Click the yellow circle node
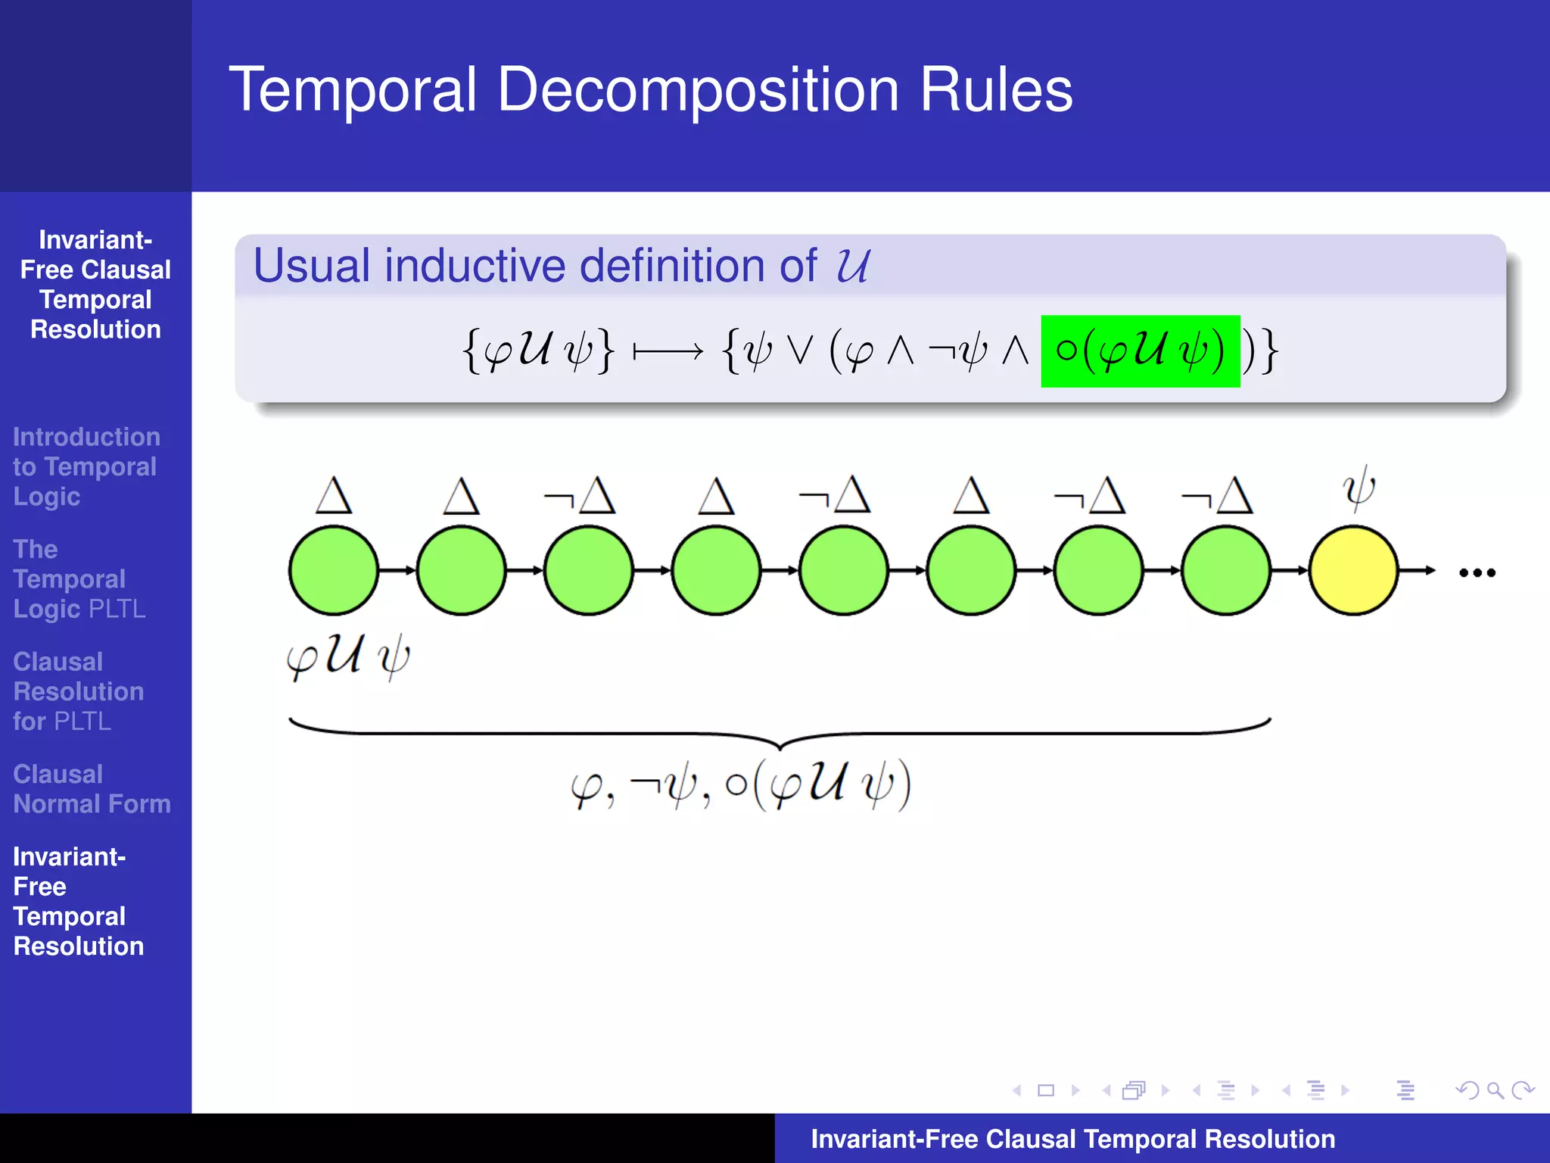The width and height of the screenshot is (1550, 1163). point(1353,571)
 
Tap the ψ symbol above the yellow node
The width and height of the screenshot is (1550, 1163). point(1359,489)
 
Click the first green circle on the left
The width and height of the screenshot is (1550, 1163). point(333,571)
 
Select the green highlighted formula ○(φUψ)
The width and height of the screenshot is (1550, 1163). point(1140,351)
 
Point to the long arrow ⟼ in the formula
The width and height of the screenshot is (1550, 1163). point(668,352)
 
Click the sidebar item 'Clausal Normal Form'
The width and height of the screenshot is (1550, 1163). point(92,789)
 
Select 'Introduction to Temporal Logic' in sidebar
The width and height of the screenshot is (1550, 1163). point(86,466)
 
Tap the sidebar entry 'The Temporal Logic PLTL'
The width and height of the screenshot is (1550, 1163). point(79,579)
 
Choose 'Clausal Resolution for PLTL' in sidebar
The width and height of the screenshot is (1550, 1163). point(78,691)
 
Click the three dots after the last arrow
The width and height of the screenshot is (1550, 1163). point(1477,573)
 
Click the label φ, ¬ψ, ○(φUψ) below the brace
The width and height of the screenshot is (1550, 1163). point(740,785)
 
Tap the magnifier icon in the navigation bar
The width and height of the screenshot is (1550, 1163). point(1494,1090)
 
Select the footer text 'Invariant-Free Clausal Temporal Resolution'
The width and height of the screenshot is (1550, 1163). point(1072,1139)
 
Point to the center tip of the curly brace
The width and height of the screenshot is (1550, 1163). point(780,747)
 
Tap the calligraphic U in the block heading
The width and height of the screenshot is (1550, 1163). point(853,266)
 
